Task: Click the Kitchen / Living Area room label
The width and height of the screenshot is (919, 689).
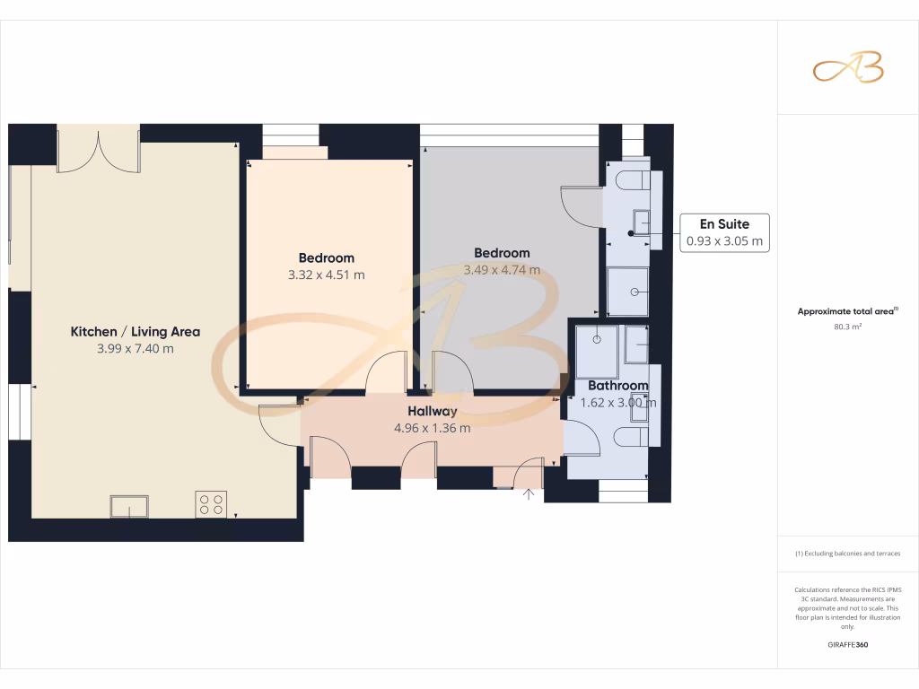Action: pyautogui.click(x=136, y=332)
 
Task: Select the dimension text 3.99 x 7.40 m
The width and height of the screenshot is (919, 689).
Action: pyautogui.click(x=136, y=349)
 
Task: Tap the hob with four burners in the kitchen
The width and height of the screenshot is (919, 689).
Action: pyautogui.click(x=211, y=504)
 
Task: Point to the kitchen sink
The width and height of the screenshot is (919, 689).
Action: pyautogui.click(x=130, y=507)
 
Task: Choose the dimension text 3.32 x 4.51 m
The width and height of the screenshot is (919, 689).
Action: pyautogui.click(x=326, y=275)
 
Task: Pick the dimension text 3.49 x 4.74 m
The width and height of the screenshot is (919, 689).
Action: pyautogui.click(x=502, y=270)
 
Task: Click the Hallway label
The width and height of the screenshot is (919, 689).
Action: pyautogui.click(x=432, y=411)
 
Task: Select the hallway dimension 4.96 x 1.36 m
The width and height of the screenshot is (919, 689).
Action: pyautogui.click(x=432, y=428)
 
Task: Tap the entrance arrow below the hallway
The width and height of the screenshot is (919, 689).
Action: pyautogui.click(x=529, y=493)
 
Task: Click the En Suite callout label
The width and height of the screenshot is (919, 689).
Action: pyautogui.click(x=725, y=224)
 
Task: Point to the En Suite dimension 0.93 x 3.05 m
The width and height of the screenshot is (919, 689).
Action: pyautogui.click(x=725, y=241)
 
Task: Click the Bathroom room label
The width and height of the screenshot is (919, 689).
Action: pyautogui.click(x=617, y=386)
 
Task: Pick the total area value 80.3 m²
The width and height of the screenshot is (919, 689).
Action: pyautogui.click(x=848, y=327)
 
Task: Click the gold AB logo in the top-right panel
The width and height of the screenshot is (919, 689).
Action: pyautogui.click(x=848, y=67)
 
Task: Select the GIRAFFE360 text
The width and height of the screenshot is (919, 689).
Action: pyautogui.click(x=848, y=645)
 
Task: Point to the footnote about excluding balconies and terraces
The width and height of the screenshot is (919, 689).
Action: pyautogui.click(x=848, y=554)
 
